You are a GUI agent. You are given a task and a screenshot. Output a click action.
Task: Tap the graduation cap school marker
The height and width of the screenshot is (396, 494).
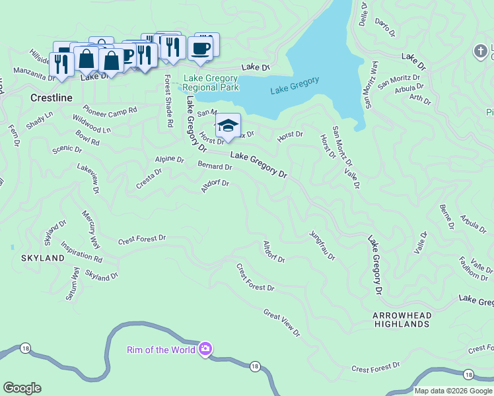click(228, 126)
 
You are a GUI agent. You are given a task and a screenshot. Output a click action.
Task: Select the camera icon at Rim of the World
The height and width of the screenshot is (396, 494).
click(205, 348)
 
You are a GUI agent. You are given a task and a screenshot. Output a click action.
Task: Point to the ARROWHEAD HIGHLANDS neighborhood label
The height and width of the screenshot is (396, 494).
click(401, 319)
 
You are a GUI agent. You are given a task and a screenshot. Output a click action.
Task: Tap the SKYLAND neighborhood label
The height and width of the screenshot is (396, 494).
click(43, 257)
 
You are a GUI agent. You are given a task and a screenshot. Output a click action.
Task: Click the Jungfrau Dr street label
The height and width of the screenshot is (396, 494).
click(322, 245)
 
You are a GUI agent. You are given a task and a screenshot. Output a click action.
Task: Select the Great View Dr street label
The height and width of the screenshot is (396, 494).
click(281, 322)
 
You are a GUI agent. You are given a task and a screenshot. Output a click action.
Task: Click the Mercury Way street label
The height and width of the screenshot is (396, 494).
click(91, 226)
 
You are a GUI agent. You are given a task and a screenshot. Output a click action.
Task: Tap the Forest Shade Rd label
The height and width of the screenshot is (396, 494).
click(169, 100)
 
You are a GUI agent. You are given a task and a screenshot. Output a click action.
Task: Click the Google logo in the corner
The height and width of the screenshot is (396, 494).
click(22, 388)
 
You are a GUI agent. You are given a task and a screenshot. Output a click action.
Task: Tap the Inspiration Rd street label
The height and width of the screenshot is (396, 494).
click(81, 251)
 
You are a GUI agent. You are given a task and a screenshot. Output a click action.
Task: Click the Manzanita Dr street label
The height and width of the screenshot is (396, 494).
click(34, 77)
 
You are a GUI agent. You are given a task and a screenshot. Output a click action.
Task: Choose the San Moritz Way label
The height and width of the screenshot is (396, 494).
click(370, 85)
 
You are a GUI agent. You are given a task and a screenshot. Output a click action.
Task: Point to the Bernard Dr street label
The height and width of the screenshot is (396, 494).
click(215, 166)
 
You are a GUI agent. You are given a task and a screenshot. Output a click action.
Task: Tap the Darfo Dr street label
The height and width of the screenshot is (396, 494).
click(385, 27)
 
